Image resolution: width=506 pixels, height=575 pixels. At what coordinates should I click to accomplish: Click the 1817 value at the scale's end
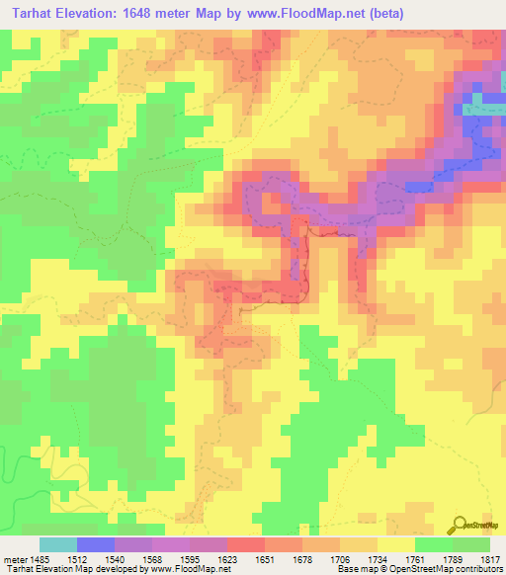click(490, 559)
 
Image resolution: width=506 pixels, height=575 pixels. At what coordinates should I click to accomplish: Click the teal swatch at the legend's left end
click(58, 544)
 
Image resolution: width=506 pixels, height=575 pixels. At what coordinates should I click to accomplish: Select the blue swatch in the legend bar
click(96, 544)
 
